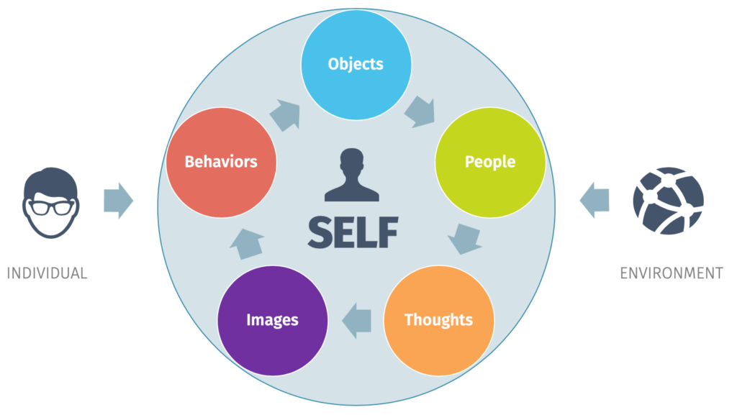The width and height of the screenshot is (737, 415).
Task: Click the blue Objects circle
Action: tap(356, 65)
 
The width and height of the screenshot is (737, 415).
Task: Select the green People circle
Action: tap(490, 162)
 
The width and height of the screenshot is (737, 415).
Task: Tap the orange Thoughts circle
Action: tap(438, 320)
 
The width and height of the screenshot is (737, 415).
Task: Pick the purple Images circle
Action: tap(272, 320)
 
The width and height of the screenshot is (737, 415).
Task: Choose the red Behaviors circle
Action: tap(221, 162)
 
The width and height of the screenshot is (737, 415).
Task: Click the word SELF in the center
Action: tap(353, 231)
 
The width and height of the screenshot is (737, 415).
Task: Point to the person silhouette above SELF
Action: tap(353, 175)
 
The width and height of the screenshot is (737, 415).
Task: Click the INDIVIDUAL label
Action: tap(47, 273)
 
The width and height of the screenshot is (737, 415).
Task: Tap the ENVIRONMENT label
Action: tap(671, 273)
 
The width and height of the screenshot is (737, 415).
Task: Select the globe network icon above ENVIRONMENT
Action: tap(669, 201)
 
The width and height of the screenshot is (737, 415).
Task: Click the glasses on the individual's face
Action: tap(50, 208)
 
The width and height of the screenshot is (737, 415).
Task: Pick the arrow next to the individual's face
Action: tap(118, 201)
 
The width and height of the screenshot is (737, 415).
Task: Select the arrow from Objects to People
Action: tap(420, 111)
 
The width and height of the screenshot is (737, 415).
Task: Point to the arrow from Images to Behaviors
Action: tap(246, 243)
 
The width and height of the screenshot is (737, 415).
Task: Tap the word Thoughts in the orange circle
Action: tap(438, 320)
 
